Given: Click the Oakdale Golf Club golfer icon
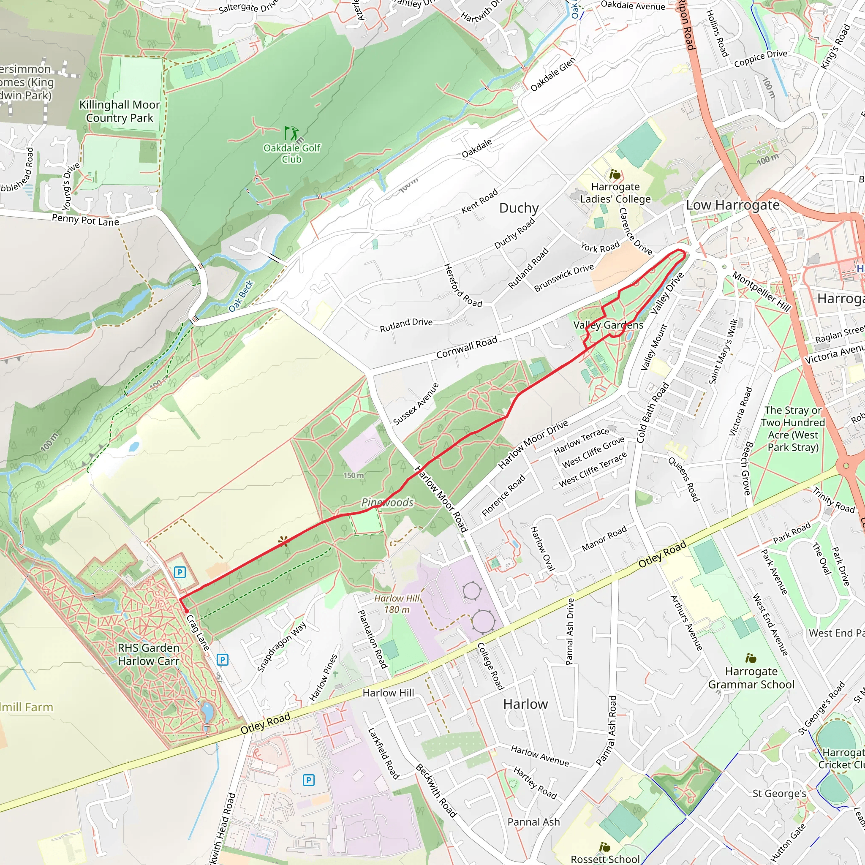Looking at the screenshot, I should pos(291,133).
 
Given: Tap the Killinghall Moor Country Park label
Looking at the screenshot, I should pos(120,112).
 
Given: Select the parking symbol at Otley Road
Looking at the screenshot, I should pos(308,780).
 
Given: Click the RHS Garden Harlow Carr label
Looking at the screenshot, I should pos(148,654).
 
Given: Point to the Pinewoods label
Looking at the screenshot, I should pos(387,502).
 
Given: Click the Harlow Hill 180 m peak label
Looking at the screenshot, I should pos(397,604).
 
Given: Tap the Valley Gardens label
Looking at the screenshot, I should pos(608,325).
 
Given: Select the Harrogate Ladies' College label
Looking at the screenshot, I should pos(615,193).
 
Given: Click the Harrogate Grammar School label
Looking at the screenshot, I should pos(751,678).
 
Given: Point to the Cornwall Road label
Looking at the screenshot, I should pos(467,348).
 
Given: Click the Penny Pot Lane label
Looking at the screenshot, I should pos(85,220).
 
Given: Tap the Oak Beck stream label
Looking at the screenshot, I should pos(241,296).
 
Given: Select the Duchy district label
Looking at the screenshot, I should pos(519,208).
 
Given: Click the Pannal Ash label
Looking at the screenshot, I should pos(533,822).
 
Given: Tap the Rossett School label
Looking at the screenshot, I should pos(605,859).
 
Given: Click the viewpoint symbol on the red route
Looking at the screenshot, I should pos(283,542).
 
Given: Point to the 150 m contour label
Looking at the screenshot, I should pos(353,475).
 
